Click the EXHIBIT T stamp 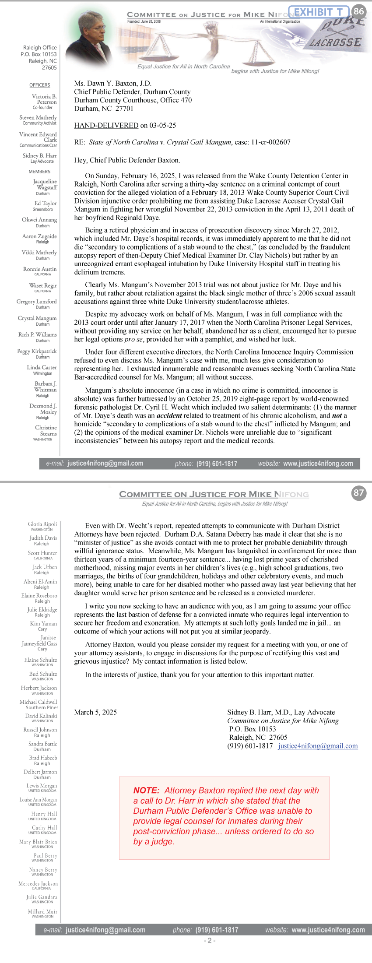pyautogui.click(x=319, y=12)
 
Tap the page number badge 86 pyautogui.click(x=359, y=11)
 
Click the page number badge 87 pyautogui.click(x=359, y=493)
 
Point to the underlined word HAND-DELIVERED pyautogui.click(x=106, y=126)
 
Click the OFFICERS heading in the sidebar pyautogui.click(x=40, y=85)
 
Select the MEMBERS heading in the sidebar pyautogui.click(x=40, y=172)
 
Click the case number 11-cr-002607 pyautogui.click(x=270, y=142)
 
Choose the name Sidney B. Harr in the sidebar pyautogui.click(x=40, y=155)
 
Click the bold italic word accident pyautogui.click(x=169, y=415)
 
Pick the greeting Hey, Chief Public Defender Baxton pyautogui.click(x=127, y=160)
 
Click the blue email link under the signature pyautogui.click(x=318, y=746)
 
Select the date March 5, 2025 pyautogui.click(x=95, y=712)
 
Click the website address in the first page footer pyautogui.click(x=318, y=464)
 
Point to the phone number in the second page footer pyautogui.click(x=217, y=930)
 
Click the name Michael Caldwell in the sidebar pyautogui.click(x=39, y=702)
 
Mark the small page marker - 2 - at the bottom pyautogui.click(x=209, y=940)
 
